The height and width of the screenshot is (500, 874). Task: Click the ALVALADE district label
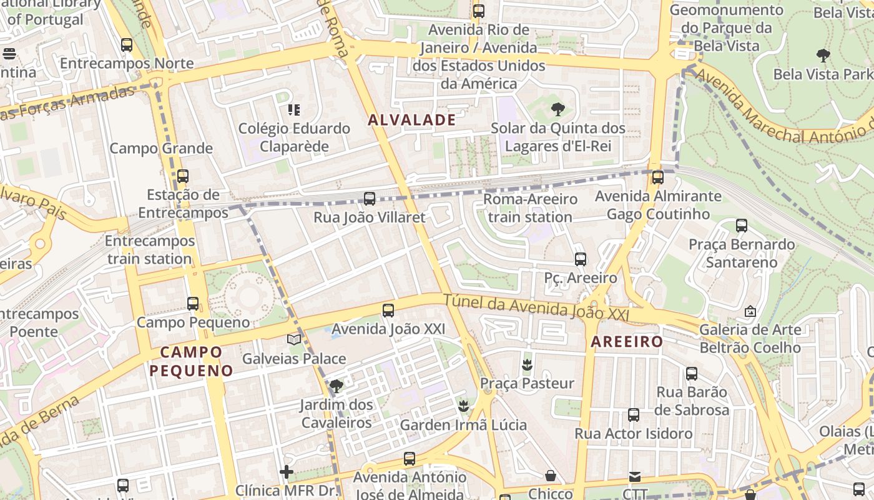click(411, 120)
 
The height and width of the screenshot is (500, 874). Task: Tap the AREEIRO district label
click(626, 342)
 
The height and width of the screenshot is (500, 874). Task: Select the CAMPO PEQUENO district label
click(191, 361)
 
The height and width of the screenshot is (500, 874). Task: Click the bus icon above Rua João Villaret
click(370, 199)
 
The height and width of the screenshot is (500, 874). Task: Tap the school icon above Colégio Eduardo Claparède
click(294, 111)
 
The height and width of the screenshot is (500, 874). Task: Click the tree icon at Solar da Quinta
click(558, 110)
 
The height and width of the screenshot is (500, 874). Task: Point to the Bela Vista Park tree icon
click(823, 56)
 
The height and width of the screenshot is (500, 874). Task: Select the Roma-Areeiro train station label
click(530, 208)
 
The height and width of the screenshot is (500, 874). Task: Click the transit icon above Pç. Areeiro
click(581, 259)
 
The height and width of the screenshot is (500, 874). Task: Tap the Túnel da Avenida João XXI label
click(536, 309)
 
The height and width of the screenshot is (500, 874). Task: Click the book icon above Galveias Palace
click(294, 339)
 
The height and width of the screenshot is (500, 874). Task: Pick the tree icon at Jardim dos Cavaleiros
click(336, 386)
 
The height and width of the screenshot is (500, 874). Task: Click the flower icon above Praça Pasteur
click(528, 364)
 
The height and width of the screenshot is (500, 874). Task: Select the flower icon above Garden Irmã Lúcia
click(463, 406)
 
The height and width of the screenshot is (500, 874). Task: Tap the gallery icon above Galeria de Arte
click(750, 311)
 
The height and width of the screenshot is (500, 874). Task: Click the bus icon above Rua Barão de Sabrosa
click(692, 374)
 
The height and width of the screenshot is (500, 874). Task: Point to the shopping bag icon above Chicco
click(551, 476)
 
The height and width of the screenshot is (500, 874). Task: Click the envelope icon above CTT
click(635, 476)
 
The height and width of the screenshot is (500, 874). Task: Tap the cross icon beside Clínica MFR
click(287, 472)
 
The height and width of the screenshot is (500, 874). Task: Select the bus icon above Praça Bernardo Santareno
click(742, 226)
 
